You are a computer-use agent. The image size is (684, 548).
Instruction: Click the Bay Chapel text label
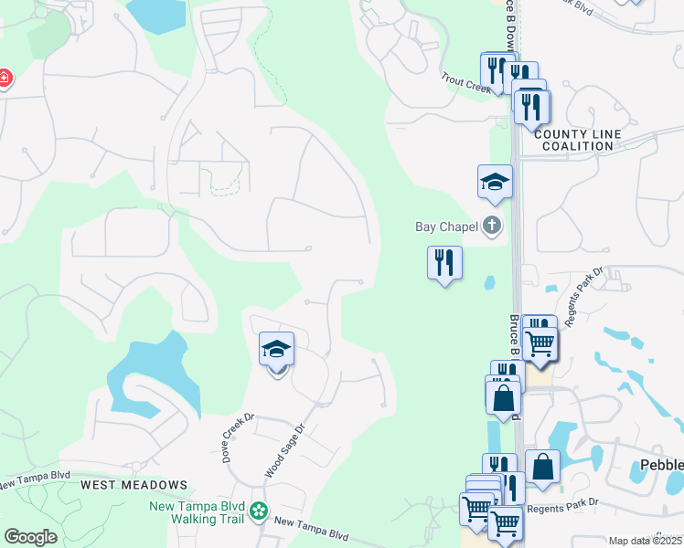(x=446, y=226)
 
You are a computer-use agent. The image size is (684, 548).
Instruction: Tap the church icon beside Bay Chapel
(x=493, y=226)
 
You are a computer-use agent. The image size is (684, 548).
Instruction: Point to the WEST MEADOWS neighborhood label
(x=134, y=485)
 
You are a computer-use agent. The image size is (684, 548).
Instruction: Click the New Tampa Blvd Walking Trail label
(x=197, y=511)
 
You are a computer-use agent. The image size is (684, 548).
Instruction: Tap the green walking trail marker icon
(x=260, y=511)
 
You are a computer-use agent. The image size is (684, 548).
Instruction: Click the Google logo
(x=30, y=536)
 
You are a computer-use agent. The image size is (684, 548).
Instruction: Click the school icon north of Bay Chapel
(x=495, y=182)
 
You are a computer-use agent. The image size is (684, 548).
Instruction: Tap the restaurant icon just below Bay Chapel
(x=444, y=263)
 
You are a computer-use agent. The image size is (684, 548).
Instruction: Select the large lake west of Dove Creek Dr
(x=151, y=374)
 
